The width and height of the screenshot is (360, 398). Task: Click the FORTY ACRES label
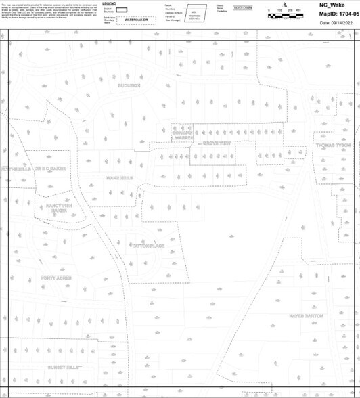pos(55,278)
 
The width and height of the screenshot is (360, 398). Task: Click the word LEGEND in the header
pos(109,3)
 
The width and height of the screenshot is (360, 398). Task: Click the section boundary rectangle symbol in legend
pos(122,10)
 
